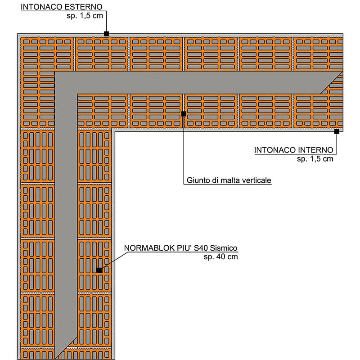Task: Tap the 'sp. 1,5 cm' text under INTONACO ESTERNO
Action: tap(85, 16)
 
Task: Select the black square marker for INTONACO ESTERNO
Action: tap(106, 34)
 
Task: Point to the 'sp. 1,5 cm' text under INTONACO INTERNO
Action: tap(315, 159)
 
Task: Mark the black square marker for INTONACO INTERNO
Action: tap(337, 131)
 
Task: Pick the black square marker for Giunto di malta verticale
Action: tap(184, 114)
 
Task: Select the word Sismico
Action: tap(224, 248)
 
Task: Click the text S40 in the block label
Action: tap(201, 248)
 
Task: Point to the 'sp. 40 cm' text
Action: tap(220, 256)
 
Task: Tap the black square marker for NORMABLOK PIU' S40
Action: tap(99, 270)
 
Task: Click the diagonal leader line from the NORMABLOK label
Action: tap(113, 261)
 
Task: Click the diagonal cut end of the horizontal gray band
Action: tap(332, 82)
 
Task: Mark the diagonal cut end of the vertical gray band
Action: tap(66, 348)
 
